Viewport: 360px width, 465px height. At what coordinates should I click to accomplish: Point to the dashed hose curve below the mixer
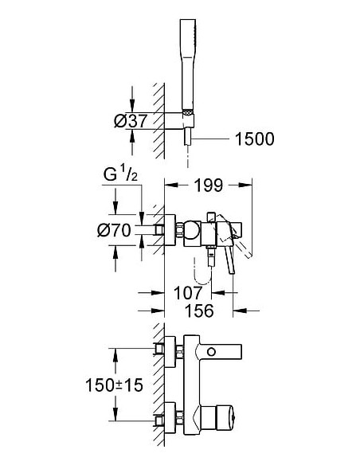[201, 273]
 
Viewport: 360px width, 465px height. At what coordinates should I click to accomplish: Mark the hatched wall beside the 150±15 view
[158, 382]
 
